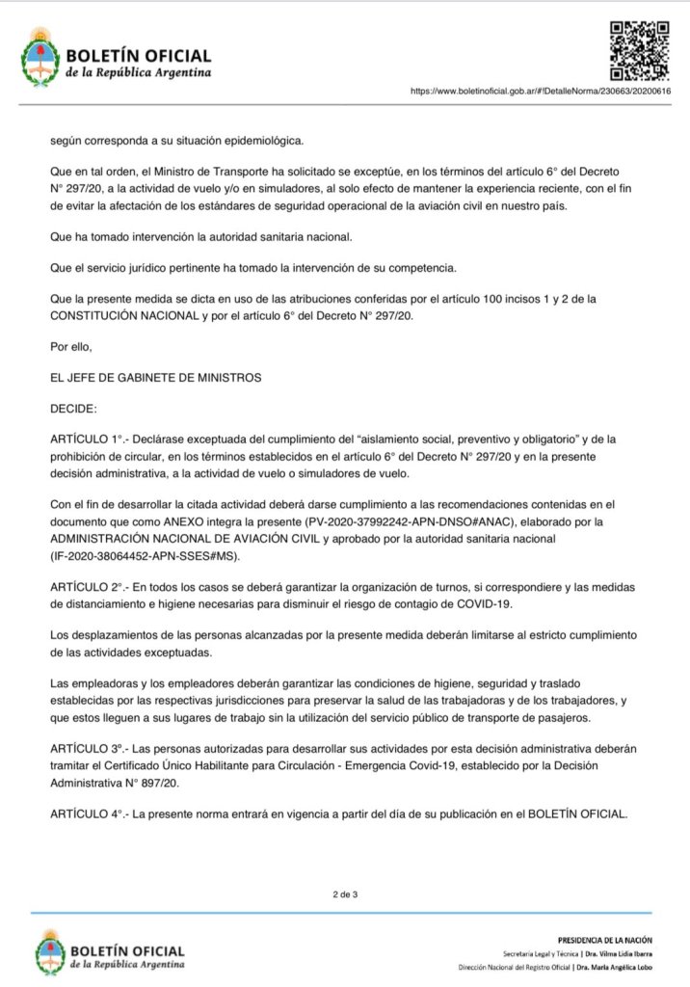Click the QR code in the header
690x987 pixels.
coord(640,49)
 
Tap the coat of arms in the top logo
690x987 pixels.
coord(40,56)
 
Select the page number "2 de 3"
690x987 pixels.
coord(345,895)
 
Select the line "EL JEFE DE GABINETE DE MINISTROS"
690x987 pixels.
coord(155,376)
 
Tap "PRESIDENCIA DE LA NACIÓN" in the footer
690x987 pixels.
coord(604,939)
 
